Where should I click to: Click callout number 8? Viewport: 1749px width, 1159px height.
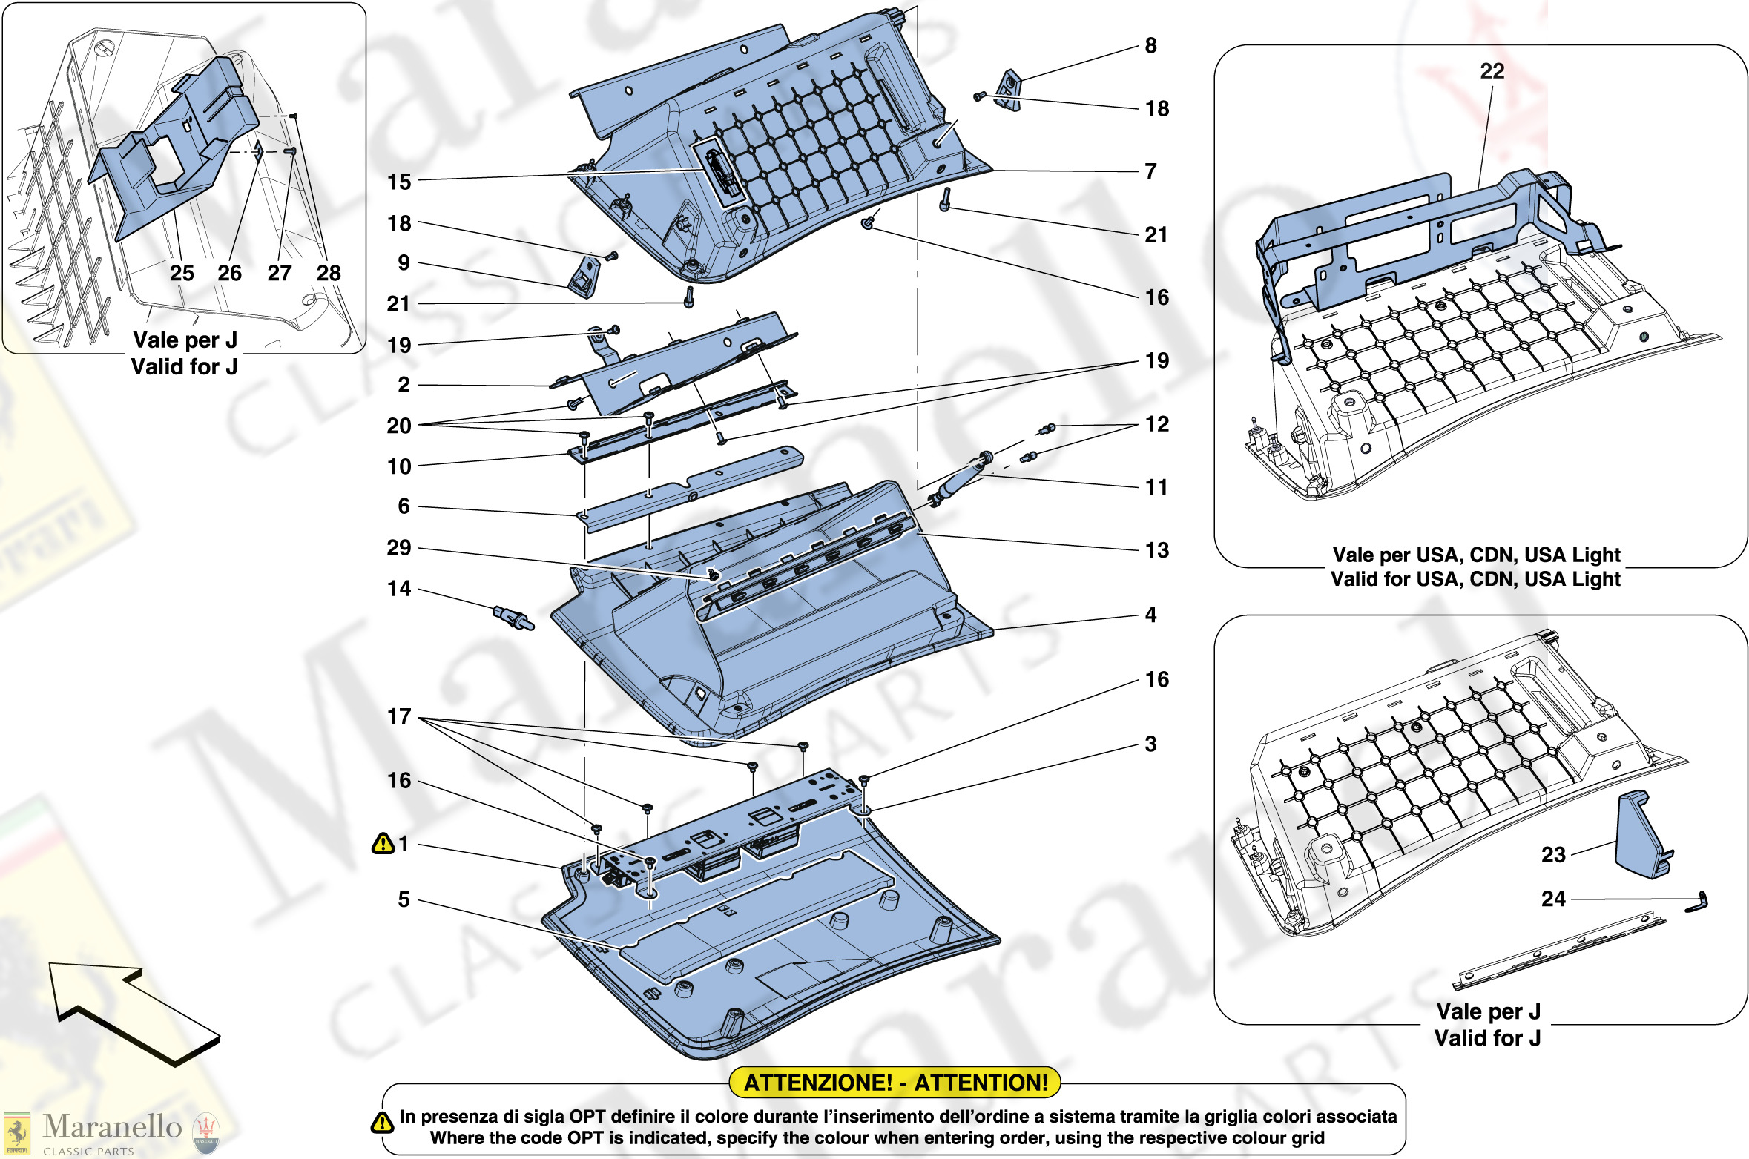click(x=1150, y=46)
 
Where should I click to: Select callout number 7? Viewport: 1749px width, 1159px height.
click(x=1150, y=171)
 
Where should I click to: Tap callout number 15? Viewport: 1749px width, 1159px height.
click(x=399, y=182)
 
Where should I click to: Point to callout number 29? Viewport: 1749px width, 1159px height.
click(x=399, y=548)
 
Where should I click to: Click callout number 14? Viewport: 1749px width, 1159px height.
click(x=399, y=589)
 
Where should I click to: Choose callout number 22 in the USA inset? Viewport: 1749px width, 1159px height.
click(x=1492, y=71)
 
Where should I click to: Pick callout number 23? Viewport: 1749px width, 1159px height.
click(x=1553, y=855)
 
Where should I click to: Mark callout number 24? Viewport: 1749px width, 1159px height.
click(x=1553, y=899)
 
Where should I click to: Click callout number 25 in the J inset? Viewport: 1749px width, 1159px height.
click(x=182, y=273)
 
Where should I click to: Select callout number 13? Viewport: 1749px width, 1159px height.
click(x=1157, y=550)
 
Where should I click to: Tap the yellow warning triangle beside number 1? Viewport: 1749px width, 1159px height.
click(x=383, y=843)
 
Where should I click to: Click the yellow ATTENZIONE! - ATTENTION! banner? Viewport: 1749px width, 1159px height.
click(x=895, y=1083)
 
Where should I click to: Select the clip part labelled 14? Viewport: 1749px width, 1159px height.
click(x=513, y=616)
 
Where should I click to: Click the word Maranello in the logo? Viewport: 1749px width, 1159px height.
click(x=112, y=1126)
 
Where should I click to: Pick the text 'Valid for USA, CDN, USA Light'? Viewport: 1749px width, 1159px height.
click(x=1475, y=579)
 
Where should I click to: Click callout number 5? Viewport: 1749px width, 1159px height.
click(x=404, y=899)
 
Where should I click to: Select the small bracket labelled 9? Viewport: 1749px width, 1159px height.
click(x=584, y=277)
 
